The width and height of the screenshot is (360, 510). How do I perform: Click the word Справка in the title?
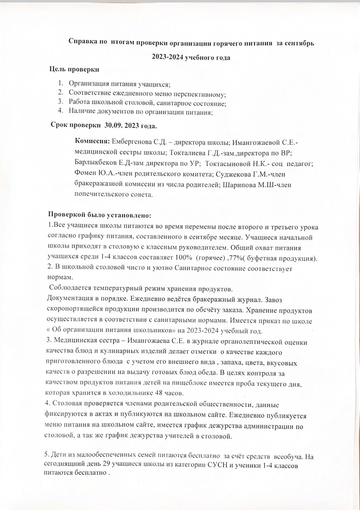point(82,43)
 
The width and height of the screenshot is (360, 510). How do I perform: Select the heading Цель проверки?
point(74,69)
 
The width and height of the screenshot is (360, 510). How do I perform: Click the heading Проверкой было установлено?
point(99,215)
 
